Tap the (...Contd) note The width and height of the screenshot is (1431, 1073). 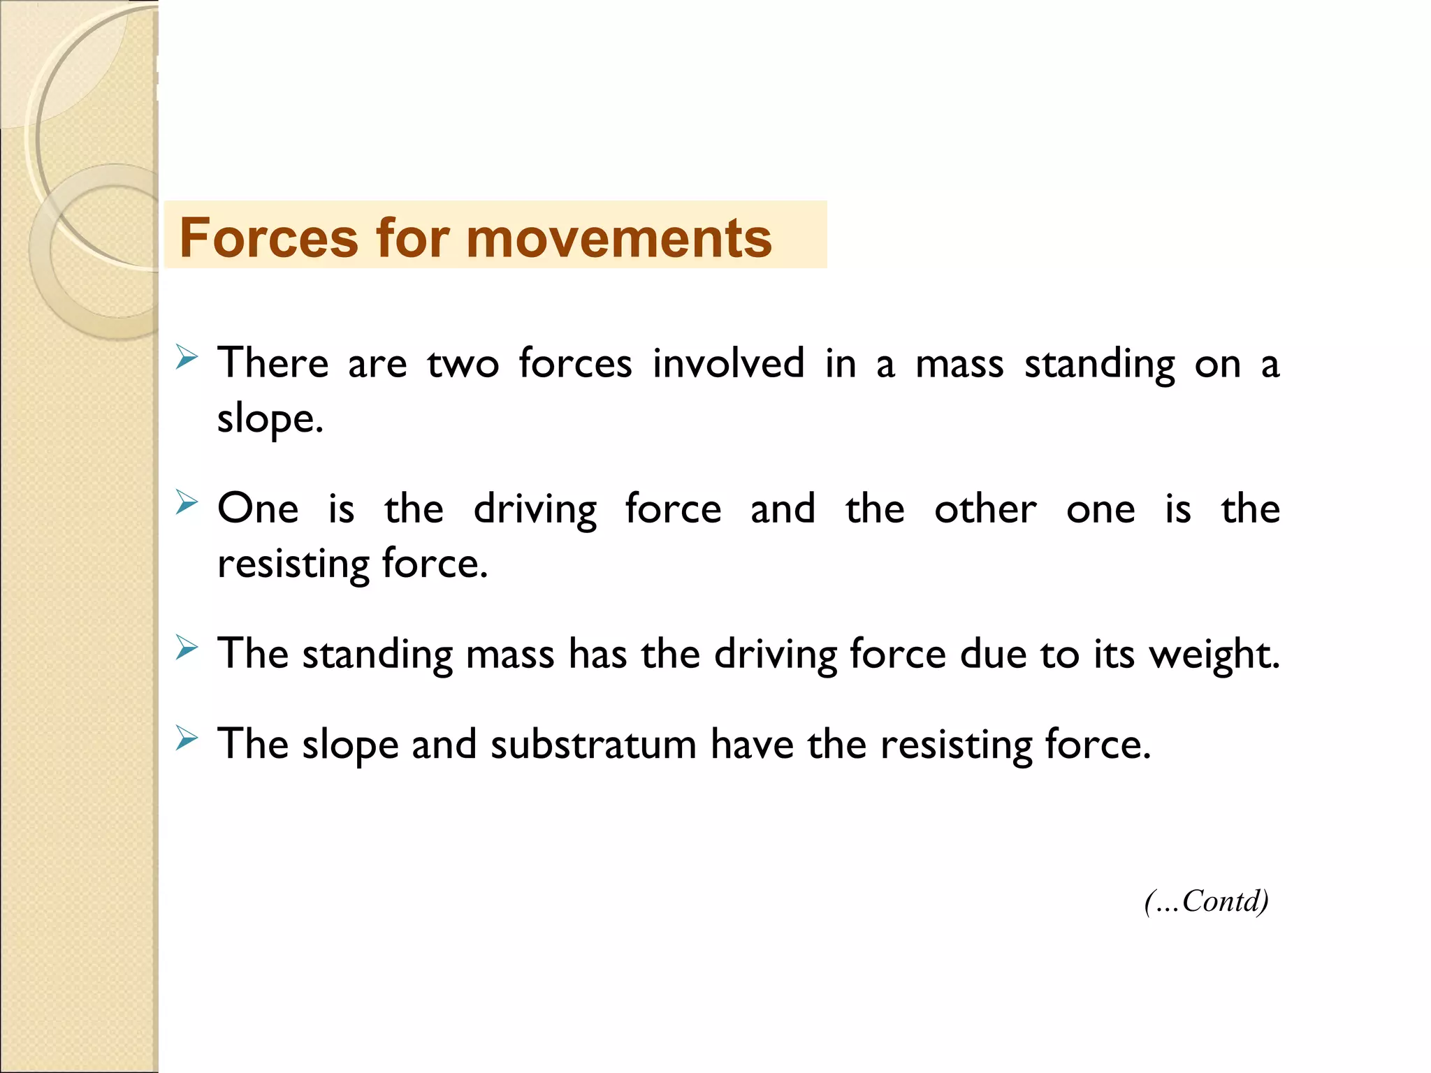click(1206, 901)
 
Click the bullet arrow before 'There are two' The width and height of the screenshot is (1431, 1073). click(187, 357)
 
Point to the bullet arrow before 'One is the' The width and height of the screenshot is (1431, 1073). click(187, 502)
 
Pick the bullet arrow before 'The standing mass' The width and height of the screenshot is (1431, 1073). click(187, 647)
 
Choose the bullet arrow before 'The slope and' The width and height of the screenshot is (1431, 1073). click(187, 737)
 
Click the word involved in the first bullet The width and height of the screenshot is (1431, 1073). click(728, 363)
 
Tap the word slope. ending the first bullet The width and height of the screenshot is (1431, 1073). click(270, 419)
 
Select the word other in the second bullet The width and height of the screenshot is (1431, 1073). click(985, 509)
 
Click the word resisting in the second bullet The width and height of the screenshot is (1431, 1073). click(293, 564)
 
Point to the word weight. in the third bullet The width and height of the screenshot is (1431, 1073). click(1214, 655)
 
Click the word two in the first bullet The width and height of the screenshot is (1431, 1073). click(463, 365)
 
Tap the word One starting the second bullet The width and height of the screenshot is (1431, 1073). click(258, 509)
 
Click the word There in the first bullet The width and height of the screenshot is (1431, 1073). click(273, 363)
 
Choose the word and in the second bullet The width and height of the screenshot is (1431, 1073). click(783, 509)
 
